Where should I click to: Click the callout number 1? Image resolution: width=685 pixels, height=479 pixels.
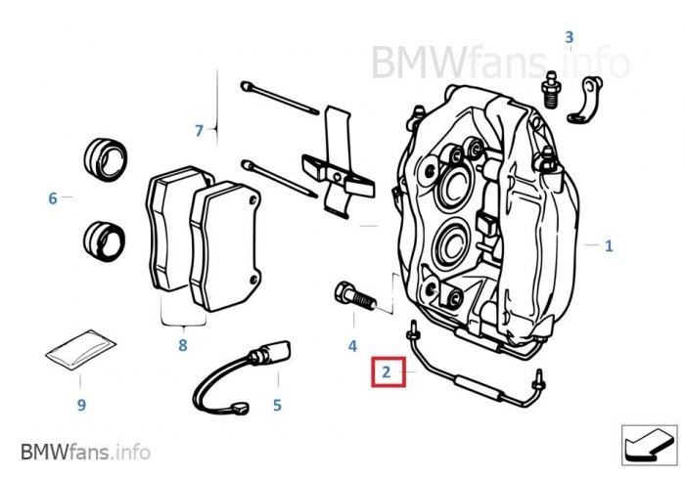pyautogui.click(x=609, y=246)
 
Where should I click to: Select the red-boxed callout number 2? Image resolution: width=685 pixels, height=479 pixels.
pyautogui.click(x=387, y=372)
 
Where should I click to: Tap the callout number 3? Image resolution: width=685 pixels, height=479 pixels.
pyautogui.click(x=569, y=37)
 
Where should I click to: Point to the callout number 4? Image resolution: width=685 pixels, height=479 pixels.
pyautogui.click(x=352, y=346)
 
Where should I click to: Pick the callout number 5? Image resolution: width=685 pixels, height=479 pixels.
pyautogui.click(x=277, y=406)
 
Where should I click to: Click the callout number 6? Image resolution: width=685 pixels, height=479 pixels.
pyautogui.click(x=53, y=198)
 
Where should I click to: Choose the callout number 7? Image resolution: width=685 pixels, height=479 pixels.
pyautogui.click(x=200, y=130)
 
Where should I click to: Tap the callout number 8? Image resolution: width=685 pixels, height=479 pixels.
pyautogui.click(x=183, y=345)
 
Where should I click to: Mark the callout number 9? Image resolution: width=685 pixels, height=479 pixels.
pyautogui.click(x=81, y=405)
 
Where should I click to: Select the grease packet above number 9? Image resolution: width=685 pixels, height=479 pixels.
pyautogui.click(x=81, y=350)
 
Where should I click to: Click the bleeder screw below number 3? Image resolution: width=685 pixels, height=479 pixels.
pyautogui.click(x=551, y=89)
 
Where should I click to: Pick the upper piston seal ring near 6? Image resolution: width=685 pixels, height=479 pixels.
pyautogui.click(x=106, y=159)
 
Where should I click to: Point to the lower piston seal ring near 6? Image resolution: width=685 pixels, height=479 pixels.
pyautogui.click(x=104, y=241)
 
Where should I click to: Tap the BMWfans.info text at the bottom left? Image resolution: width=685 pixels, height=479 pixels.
pyautogui.click(x=86, y=452)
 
